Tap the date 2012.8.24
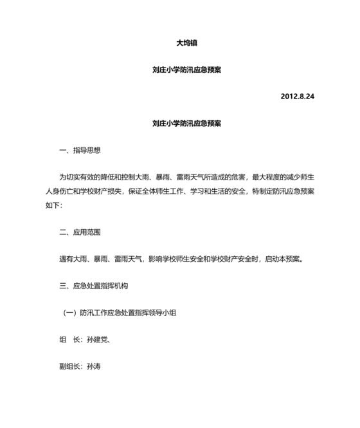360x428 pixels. (x=297, y=97)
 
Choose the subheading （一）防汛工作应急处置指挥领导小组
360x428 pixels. (x=120, y=313)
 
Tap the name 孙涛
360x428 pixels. (x=94, y=367)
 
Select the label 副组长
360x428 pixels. (x=69, y=367)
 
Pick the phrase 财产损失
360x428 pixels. (x=123, y=191)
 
